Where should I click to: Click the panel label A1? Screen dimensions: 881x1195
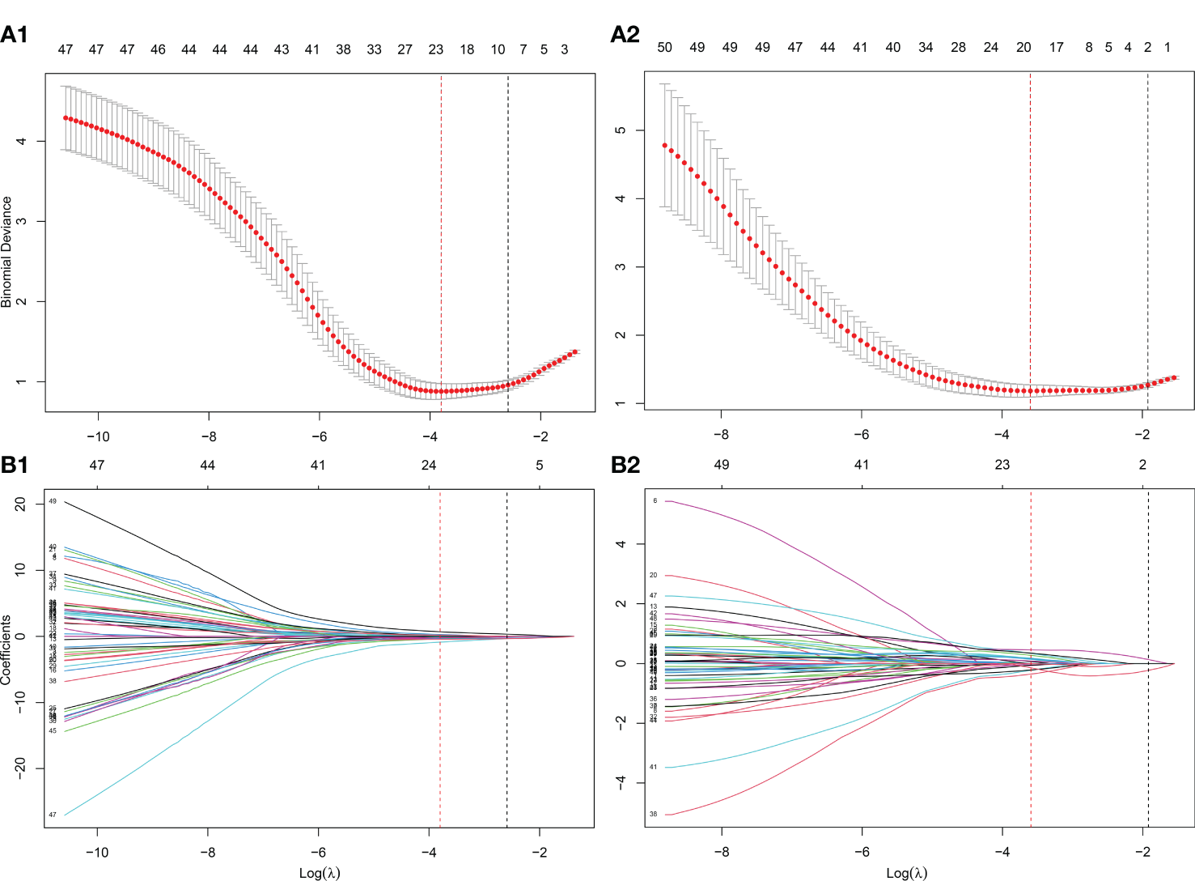click(x=15, y=35)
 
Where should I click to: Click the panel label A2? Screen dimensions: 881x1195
click(x=625, y=35)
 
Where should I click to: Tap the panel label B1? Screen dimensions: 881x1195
click(x=15, y=465)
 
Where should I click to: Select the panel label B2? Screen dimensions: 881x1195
click(x=625, y=465)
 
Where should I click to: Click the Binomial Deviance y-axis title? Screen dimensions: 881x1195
click(x=7, y=251)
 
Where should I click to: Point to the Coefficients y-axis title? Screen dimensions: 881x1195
click(x=7, y=649)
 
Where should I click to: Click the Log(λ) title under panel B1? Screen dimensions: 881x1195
click(x=320, y=872)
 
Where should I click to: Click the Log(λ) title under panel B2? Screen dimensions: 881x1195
click(x=907, y=872)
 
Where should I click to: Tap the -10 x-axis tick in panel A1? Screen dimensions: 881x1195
click(x=98, y=436)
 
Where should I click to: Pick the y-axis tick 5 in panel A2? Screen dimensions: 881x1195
click(x=621, y=130)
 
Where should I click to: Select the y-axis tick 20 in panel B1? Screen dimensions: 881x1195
click(x=20, y=504)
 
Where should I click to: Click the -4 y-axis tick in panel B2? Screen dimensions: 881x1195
click(x=621, y=782)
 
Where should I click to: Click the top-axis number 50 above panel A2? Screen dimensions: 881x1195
click(x=664, y=48)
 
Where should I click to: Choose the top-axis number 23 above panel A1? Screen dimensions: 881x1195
click(x=436, y=49)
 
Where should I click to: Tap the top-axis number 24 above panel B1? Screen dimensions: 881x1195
click(x=429, y=465)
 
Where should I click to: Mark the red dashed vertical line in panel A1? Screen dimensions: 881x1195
click(x=441, y=243)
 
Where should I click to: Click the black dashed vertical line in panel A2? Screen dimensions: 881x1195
click(x=1147, y=243)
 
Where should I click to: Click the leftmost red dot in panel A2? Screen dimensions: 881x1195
click(x=665, y=146)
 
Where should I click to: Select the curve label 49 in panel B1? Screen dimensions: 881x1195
click(x=53, y=502)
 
